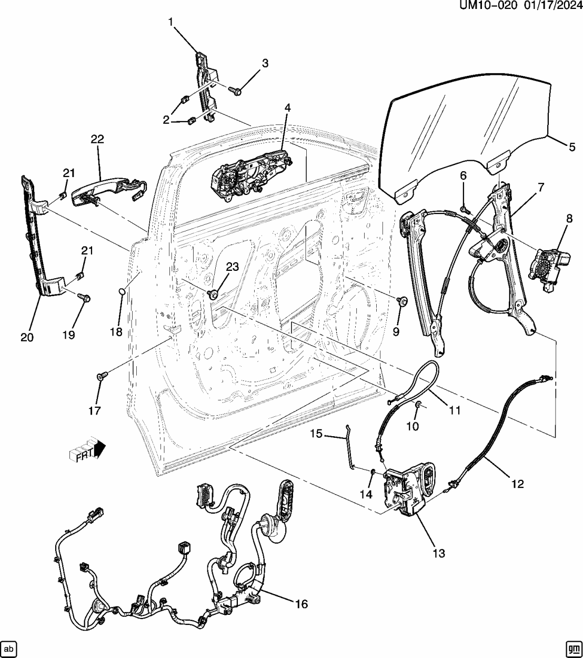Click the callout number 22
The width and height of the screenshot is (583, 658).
point(97,139)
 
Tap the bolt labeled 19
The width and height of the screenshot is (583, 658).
point(84,297)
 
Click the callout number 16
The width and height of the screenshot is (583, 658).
point(301,604)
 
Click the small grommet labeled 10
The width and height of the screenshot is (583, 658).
point(418,404)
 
